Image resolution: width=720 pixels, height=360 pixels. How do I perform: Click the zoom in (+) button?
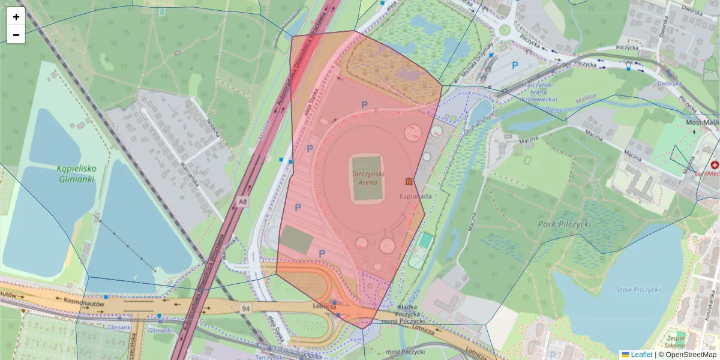(x=16, y=17)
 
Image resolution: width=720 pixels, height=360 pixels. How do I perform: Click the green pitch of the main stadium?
(x=367, y=178)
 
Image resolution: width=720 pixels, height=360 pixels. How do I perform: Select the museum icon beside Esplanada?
(x=409, y=181)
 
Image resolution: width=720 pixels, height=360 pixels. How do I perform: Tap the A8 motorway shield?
(x=242, y=202)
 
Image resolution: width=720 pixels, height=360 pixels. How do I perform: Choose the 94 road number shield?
(x=245, y=308)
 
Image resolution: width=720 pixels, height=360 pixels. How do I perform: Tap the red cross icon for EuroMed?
(x=715, y=164)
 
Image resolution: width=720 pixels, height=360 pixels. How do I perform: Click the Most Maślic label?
(x=702, y=122)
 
